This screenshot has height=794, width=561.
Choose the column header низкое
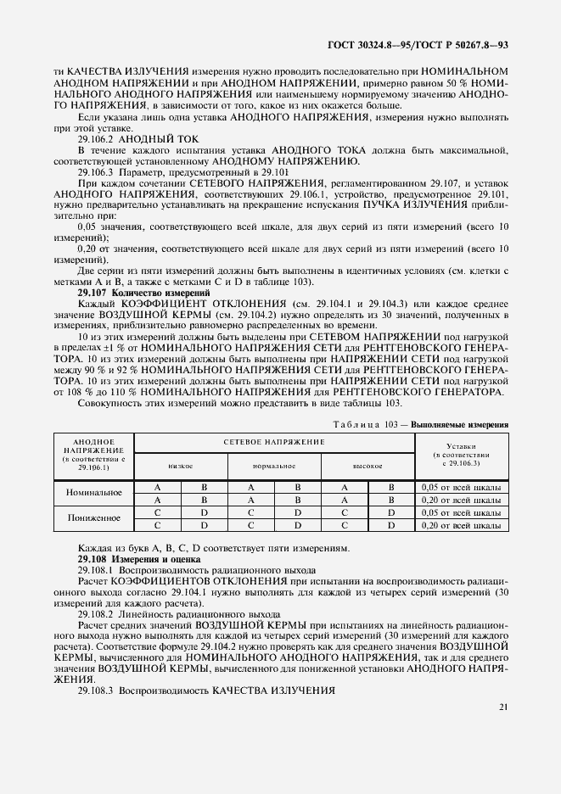(x=180, y=466)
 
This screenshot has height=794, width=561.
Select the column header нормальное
(x=273, y=466)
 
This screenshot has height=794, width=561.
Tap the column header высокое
(x=367, y=466)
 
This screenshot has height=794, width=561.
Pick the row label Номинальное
(x=93, y=493)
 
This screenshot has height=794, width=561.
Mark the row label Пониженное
(x=93, y=519)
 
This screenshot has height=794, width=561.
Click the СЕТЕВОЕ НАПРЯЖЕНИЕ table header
(x=274, y=443)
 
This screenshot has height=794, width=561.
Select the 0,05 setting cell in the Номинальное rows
(x=462, y=487)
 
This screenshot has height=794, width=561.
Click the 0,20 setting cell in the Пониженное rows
(x=462, y=526)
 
